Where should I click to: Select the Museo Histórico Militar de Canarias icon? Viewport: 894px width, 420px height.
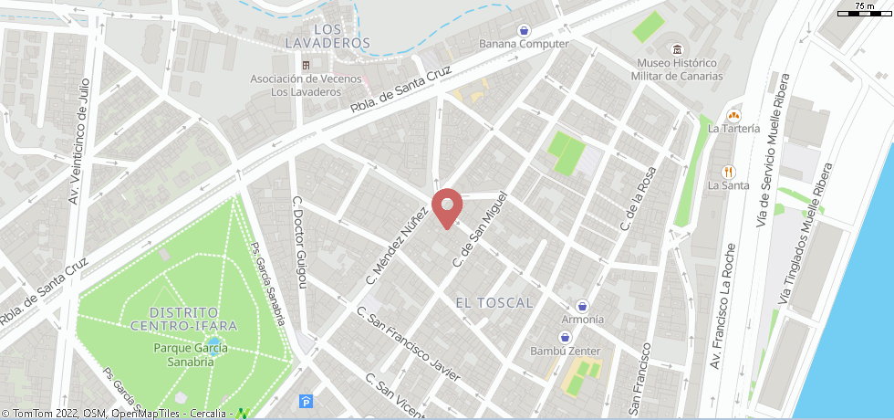[677, 49]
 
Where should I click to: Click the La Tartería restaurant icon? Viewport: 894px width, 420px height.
[733, 115]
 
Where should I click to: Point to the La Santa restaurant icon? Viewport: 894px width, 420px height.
[728, 171]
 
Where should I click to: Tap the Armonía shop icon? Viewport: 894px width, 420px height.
[582, 305]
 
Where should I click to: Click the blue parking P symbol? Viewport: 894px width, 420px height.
[305, 401]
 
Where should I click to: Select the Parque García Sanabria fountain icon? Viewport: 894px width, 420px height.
[213, 345]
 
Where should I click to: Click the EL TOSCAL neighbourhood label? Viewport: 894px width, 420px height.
[493, 301]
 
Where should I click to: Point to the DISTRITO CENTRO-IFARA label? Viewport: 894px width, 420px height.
[183, 319]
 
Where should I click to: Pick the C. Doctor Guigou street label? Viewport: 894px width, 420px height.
[300, 242]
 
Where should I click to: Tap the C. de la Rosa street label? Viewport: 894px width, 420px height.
[638, 198]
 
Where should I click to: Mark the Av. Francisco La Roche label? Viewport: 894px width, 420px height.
[717, 308]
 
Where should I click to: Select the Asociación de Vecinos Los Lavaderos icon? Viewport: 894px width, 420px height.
[307, 66]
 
